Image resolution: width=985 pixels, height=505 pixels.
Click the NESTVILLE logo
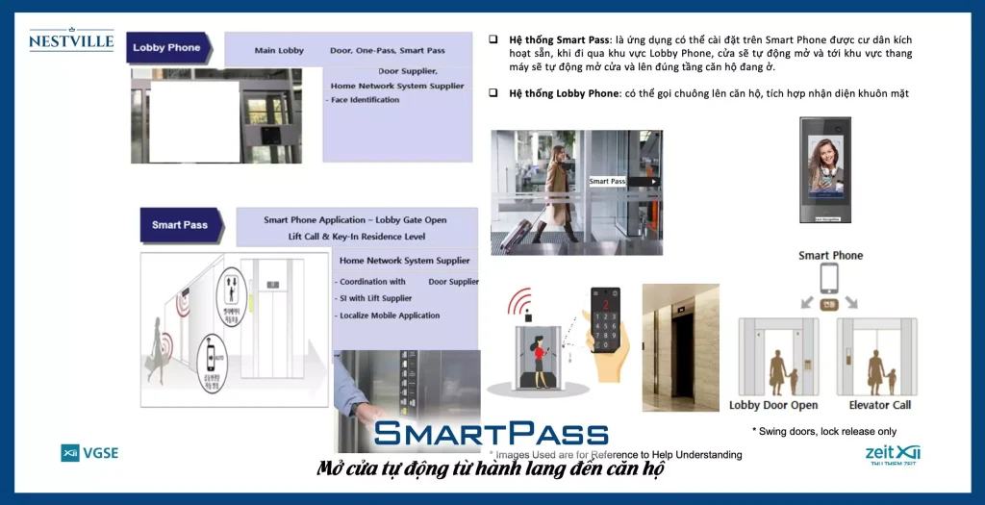pyautogui.click(x=71, y=40)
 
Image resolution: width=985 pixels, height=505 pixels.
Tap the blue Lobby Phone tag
pyautogui.click(x=167, y=47)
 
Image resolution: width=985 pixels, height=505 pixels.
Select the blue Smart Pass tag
pyautogui.click(x=180, y=225)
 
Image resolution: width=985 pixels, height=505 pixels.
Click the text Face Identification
pyautogui.click(x=366, y=100)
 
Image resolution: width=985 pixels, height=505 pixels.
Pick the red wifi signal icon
pyautogui.click(x=520, y=303)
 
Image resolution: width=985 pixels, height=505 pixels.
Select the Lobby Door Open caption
pyautogui.click(x=773, y=406)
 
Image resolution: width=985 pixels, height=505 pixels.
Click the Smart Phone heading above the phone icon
pyautogui.click(x=830, y=256)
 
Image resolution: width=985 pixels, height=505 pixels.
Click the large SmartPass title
pyautogui.click(x=492, y=434)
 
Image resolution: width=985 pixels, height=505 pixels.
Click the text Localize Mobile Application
pyautogui.click(x=390, y=316)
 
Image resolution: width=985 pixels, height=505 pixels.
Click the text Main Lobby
pyautogui.click(x=279, y=50)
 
